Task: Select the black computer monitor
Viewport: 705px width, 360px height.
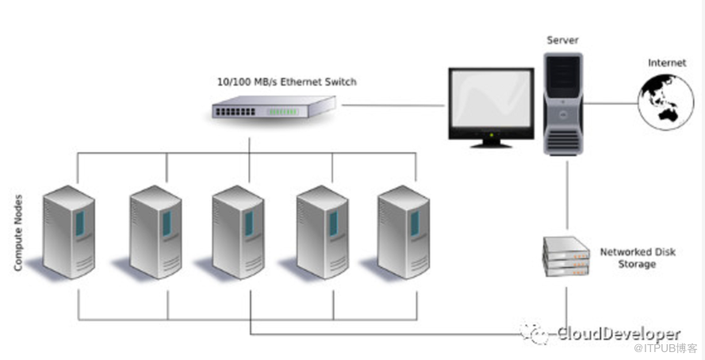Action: click(x=490, y=106)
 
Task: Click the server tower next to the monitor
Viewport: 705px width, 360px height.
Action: click(x=564, y=103)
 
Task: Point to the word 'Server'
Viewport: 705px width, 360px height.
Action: click(x=562, y=40)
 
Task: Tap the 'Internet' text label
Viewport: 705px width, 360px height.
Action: click(x=667, y=63)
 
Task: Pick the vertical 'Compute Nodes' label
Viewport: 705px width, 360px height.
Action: click(x=18, y=232)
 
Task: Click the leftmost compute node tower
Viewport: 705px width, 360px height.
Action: click(x=68, y=231)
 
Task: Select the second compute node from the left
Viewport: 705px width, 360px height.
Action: click(x=155, y=231)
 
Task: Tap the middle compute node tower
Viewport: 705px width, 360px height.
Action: click(x=238, y=231)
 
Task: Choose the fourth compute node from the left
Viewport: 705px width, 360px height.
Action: click(x=322, y=231)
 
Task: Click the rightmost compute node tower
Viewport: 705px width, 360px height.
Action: click(x=404, y=231)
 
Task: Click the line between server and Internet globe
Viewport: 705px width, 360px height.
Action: click(x=611, y=103)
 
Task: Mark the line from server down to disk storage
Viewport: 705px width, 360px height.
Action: click(x=566, y=194)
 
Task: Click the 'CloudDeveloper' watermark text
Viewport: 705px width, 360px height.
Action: click(x=618, y=334)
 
